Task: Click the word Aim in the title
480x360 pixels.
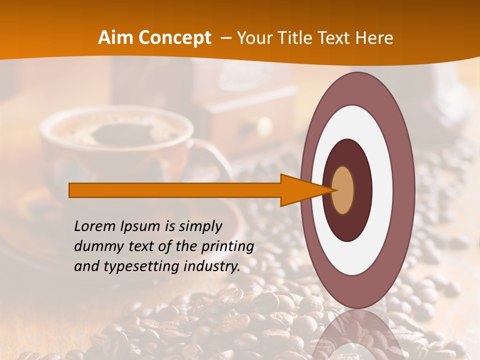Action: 116,38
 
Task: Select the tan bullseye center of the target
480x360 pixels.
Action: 343,190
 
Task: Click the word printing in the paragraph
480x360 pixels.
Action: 228,247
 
